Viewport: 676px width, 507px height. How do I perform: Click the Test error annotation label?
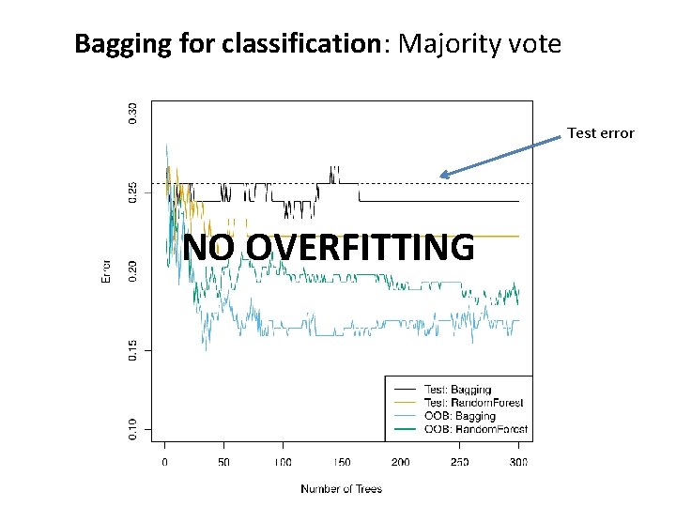point(601,133)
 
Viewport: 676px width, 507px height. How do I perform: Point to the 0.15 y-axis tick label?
point(131,349)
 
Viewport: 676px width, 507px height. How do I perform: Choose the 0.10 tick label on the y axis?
point(131,428)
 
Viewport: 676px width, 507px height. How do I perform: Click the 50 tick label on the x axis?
point(223,463)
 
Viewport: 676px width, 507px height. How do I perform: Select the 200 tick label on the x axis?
point(400,463)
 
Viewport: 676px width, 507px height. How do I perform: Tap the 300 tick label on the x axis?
point(518,463)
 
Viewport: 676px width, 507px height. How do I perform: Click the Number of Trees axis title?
point(341,488)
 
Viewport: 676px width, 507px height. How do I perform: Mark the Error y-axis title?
point(106,271)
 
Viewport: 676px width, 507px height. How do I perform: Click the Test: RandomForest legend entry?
point(473,403)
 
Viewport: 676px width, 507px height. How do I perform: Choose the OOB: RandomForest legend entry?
point(475,429)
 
